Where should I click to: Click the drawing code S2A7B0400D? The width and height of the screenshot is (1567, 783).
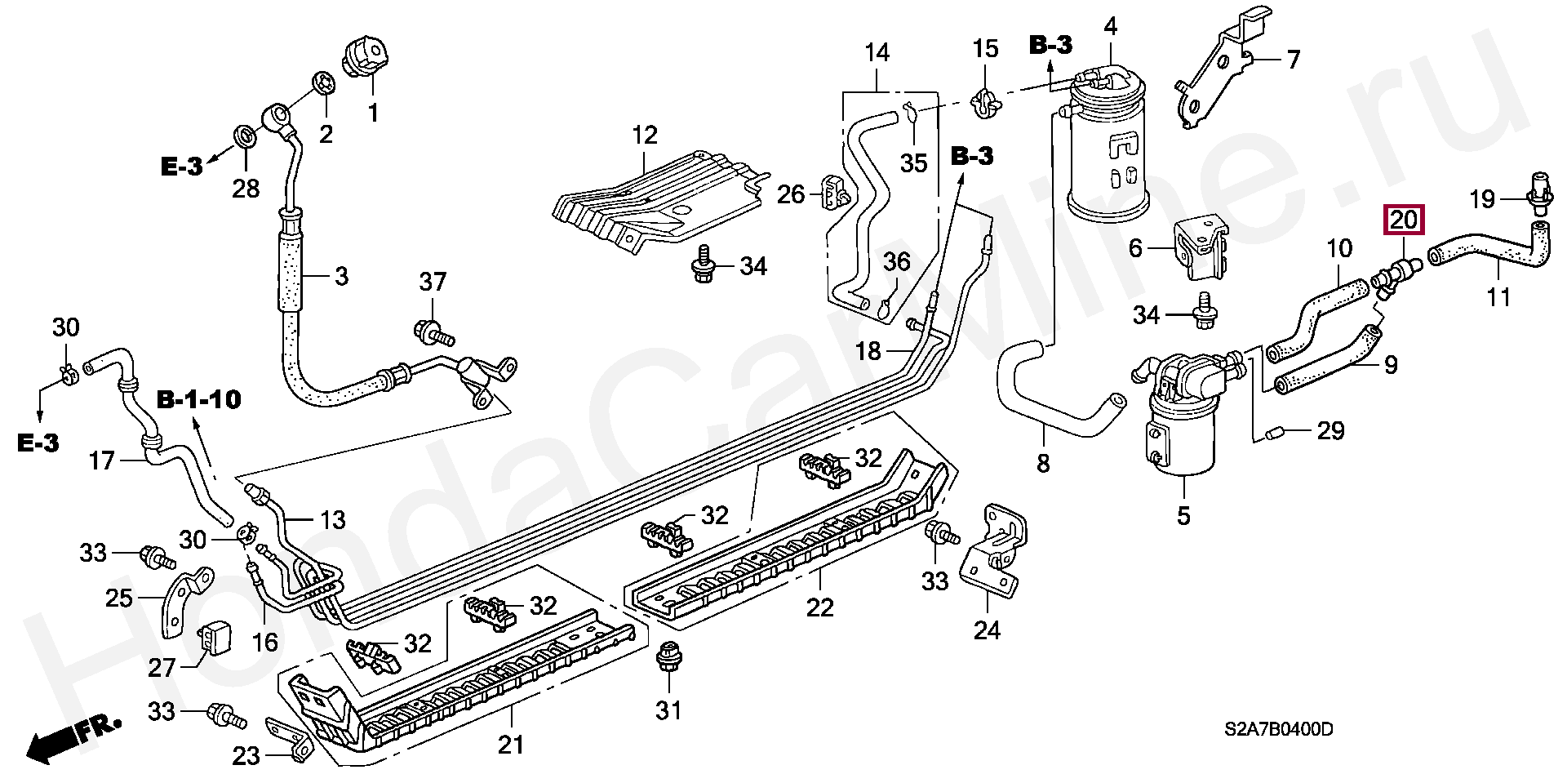1278,729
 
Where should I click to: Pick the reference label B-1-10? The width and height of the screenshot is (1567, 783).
199,399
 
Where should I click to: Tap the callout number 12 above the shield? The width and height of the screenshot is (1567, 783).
644,136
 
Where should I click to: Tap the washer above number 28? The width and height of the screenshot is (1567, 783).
244,136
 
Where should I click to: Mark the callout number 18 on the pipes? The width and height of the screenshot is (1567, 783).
868,351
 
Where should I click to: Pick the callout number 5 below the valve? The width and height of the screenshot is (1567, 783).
1183,515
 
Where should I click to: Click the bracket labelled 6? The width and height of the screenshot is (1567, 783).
1200,248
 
